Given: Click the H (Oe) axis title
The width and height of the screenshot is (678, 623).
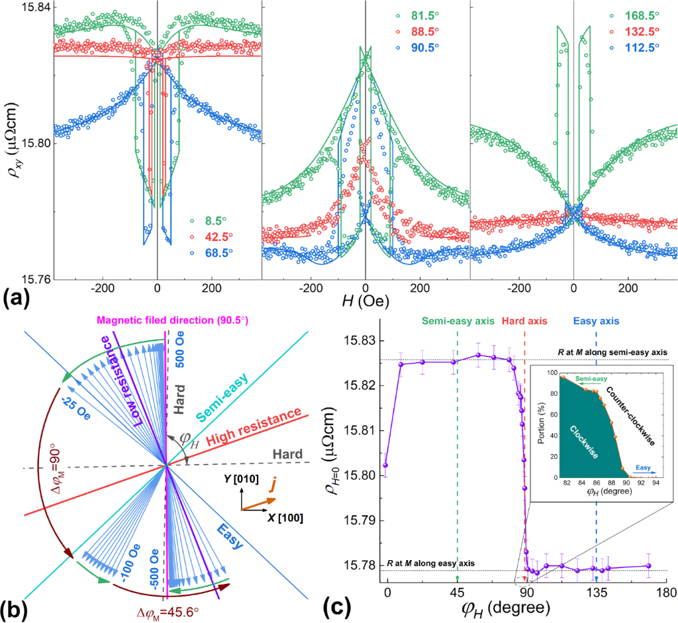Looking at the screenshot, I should click(364, 301).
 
